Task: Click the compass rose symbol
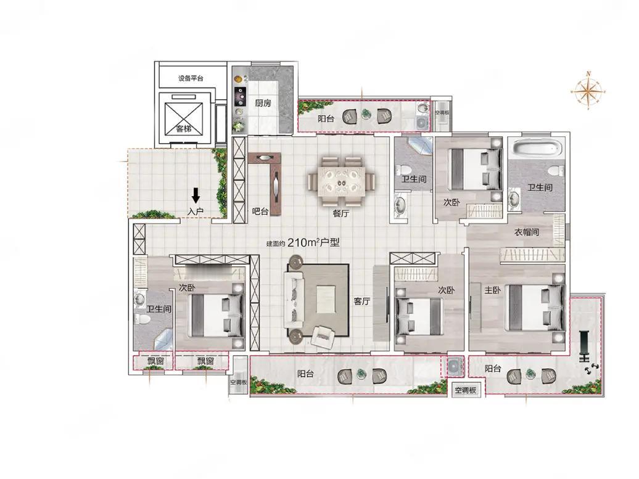point(588,91)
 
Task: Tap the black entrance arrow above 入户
point(196,195)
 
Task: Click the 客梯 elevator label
point(184,129)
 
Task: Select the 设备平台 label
point(191,78)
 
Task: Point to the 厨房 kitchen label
point(263,103)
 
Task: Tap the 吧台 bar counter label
point(260,211)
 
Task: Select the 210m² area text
point(303,243)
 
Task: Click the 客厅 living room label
point(361,301)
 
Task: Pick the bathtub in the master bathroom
point(537,148)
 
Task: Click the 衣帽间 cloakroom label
point(527,232)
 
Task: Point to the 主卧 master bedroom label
point(492,290)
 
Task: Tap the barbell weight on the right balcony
point(584,346)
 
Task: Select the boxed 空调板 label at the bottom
point(466,390)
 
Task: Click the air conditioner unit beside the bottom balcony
point(453,366)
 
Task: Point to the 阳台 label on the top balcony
point(326,119)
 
